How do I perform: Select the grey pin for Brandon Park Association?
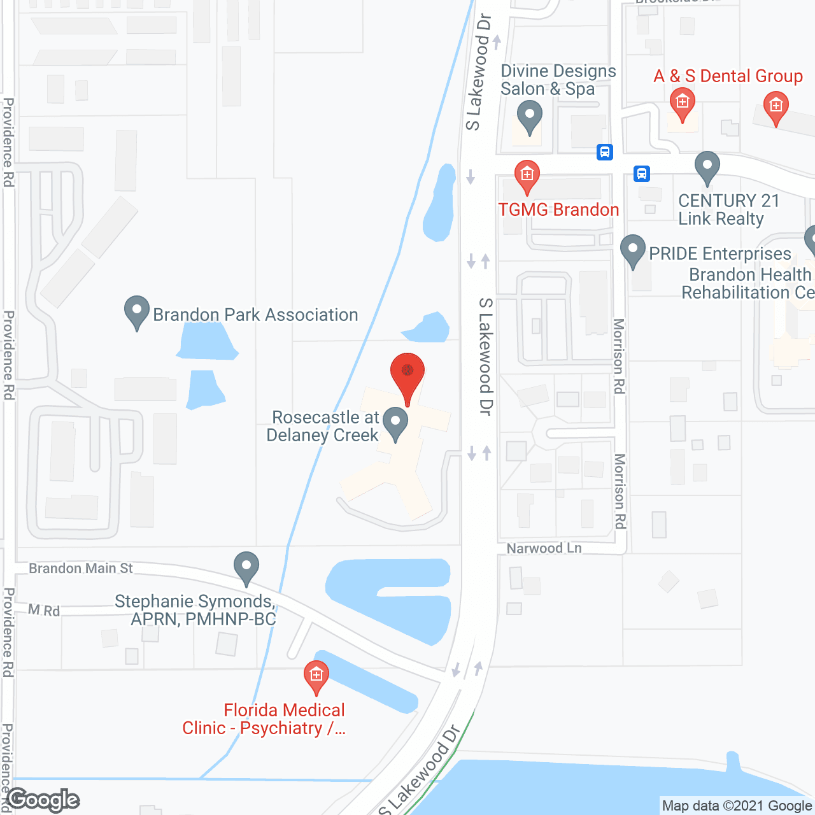pyautogui.click(x=136, y=312)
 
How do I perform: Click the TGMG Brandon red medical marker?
pyautogui.click(x=527, y=176)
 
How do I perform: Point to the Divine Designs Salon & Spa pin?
pyautogui.click(x=529, y=118)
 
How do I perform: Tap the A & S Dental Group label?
pyautogui.click(x=728, y=76)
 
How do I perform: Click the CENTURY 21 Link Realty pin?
pyautogui.click(x=707, y=167)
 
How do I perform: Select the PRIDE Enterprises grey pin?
pyautogui.click(x=633, y=250)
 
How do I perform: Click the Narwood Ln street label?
pyautogui.click(x=544, y=548)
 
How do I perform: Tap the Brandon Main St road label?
pyautogui.click(x=81, y=568)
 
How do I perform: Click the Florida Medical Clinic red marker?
pyautogui.click(x=316, y=676)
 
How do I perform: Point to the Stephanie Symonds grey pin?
pyautogui.click(x=246, y=567)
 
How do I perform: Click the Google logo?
pyautogui.click(x=43, y=800)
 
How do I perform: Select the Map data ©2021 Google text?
pyautogui.click(x=737, y=806)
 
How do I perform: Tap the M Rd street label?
pyautogui.click(x=44, y=610)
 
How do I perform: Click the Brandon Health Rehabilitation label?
pyautogui.click(x=748, y=283)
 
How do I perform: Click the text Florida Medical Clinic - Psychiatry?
pyautogui.click(x=264, y=719)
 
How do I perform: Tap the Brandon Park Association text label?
pyautogui.click(x=255, y=315)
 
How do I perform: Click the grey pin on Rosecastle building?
pyautogui.click(x=395, y=423)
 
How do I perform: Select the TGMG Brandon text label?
pyautogui.click(x=558, y=209)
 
